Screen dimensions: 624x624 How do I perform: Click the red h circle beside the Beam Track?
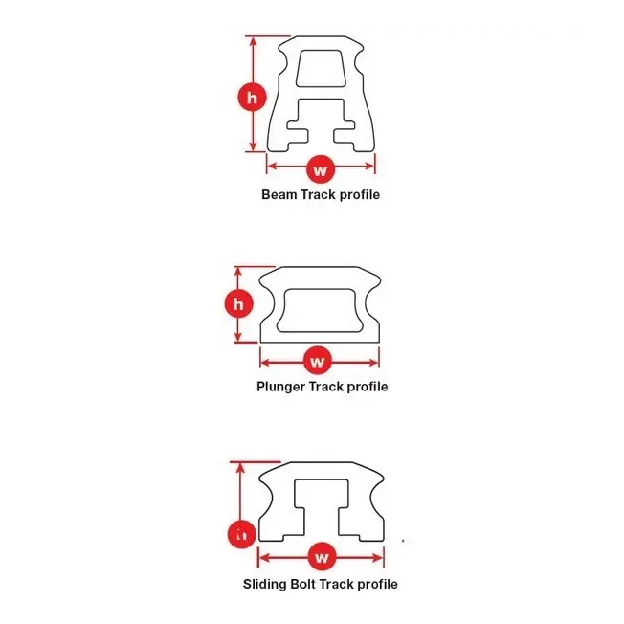pos(252,98)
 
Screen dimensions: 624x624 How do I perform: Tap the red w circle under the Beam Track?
pos(321,170)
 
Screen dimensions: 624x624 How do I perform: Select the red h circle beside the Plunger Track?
pos(238,304)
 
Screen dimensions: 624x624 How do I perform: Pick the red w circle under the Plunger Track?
pos(317,361)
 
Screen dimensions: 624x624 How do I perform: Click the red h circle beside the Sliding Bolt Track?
pos(241,534)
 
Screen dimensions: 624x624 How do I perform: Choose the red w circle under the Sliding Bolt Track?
pos(322,557)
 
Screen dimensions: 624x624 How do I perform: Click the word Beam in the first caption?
pos(279,194)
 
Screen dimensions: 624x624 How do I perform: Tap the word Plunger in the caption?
pos(281,387)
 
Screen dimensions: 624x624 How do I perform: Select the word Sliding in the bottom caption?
pos(265,584)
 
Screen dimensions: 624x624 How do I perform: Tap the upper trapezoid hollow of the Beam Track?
pos(320,68)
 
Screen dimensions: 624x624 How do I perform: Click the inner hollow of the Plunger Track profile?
pos(320,310)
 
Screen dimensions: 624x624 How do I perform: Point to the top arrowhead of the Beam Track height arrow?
pos(253,41)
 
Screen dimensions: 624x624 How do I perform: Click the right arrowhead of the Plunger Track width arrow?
pos(373,362)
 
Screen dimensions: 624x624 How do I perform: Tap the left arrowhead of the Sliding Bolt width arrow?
pos(264,558)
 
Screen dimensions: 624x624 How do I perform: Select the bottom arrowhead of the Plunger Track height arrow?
pos(238,338)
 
